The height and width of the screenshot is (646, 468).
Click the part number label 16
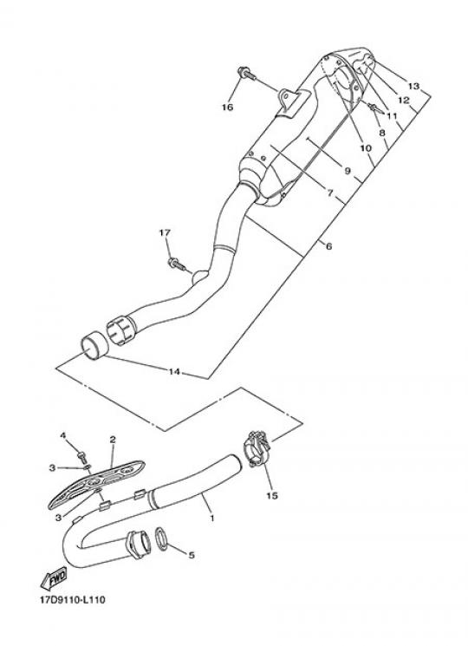228,108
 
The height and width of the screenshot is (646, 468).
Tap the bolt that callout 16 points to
246,75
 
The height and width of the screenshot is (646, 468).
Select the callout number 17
165,233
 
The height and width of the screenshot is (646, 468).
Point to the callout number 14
174,372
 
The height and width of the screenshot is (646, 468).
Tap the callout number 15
272,496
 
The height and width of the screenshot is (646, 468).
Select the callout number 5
192,555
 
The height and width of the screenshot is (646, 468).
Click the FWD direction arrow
54,578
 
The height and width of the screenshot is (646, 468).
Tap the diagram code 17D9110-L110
73,599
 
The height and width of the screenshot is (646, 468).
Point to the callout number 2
113,440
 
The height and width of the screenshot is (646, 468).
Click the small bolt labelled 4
82,456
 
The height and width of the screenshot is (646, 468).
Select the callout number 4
63,435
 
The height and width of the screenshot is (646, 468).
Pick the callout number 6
328,246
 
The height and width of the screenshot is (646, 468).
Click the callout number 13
413,86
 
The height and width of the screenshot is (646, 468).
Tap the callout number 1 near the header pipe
212,519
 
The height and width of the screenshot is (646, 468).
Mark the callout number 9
347,171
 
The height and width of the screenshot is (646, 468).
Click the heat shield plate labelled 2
97,485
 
